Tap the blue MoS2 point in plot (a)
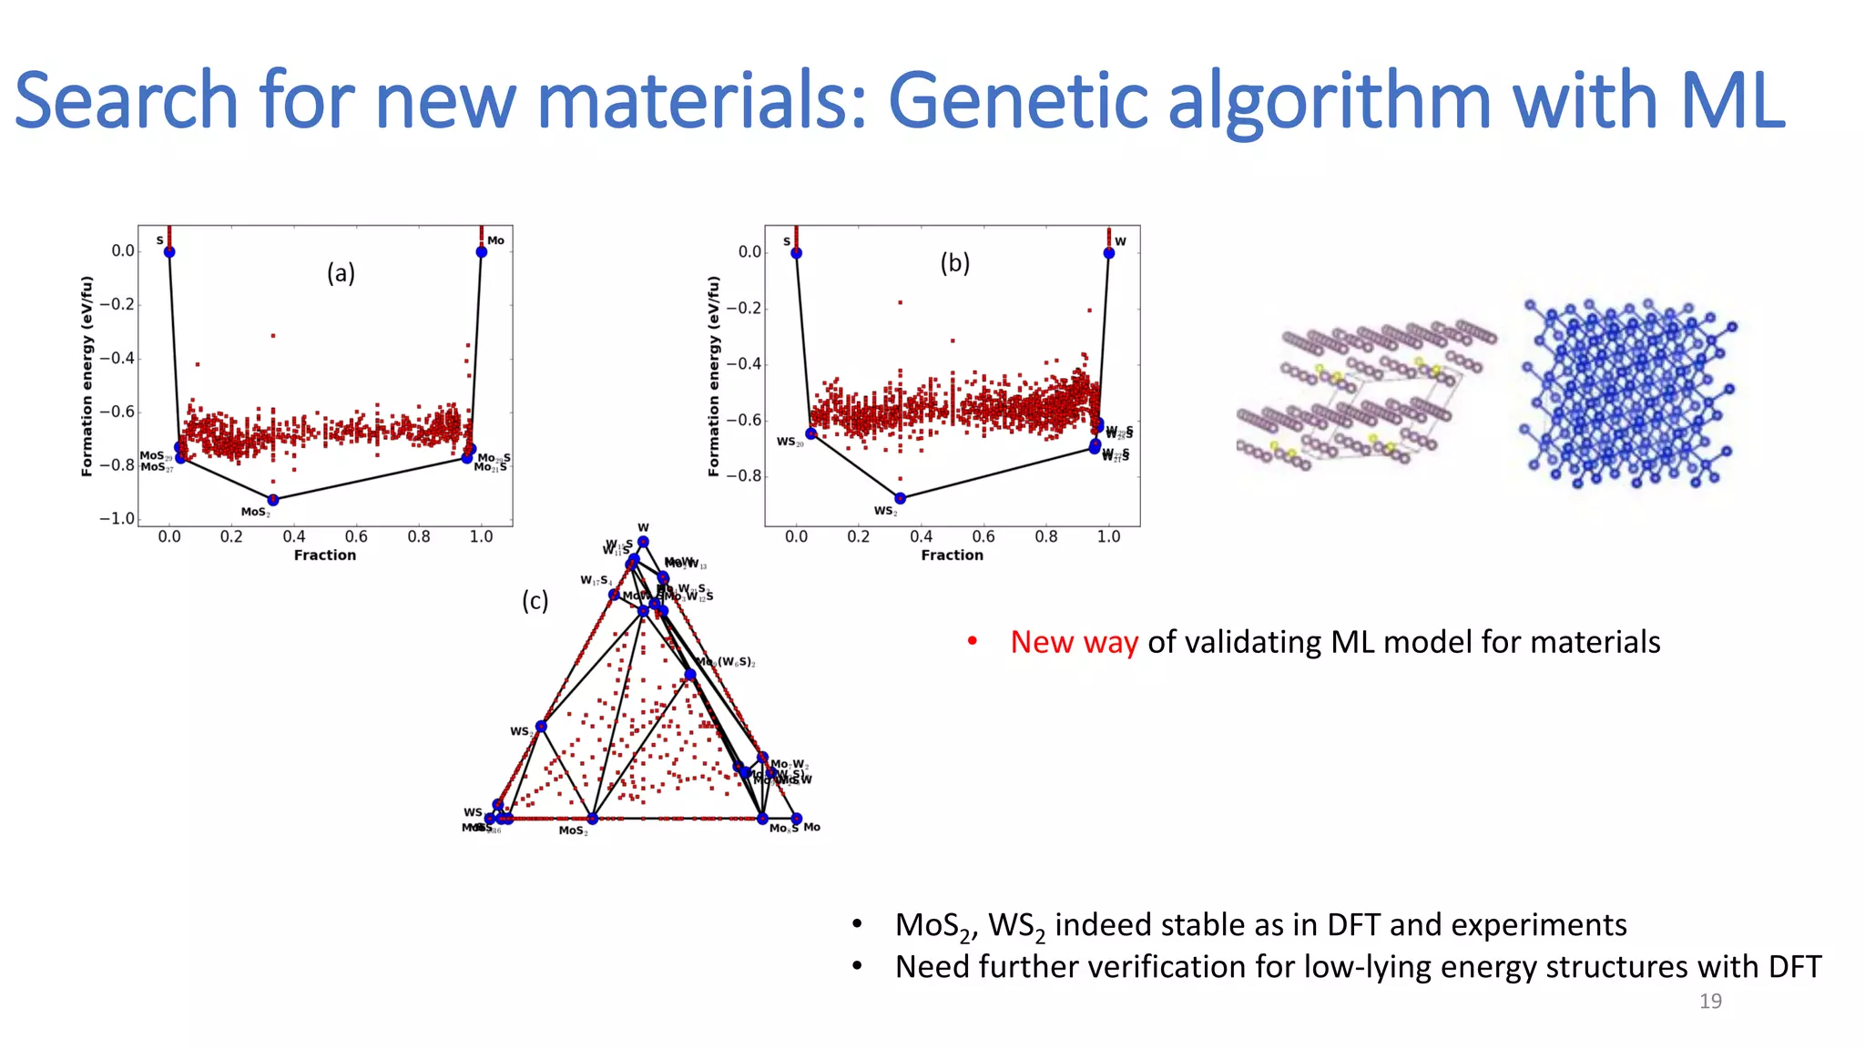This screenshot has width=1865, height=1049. (272, 500)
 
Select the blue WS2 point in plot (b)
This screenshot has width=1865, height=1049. (900, 498)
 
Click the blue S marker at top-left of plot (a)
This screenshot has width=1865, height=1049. (169, 251)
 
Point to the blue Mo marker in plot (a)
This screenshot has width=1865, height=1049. (482, 251)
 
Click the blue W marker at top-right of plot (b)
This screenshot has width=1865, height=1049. (1108, 252)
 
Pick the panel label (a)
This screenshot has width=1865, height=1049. (341, 273)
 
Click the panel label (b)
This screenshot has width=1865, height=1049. (954, 263)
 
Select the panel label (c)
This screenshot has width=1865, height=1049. (535, 601)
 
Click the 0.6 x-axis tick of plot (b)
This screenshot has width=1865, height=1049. (983, 536)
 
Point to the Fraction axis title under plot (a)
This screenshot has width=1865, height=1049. (325, 555)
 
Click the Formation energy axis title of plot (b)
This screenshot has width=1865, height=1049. (714, 376)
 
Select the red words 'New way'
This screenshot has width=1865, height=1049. (1074, 642)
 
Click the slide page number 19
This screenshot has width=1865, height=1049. (1710, 1001)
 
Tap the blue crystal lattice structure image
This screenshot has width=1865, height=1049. (1627, 393)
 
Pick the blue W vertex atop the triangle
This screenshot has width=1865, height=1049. (643, 542)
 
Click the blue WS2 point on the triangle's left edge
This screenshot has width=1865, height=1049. (541, 726)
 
